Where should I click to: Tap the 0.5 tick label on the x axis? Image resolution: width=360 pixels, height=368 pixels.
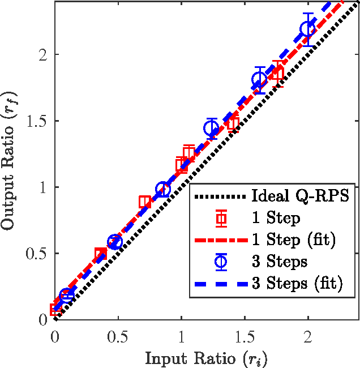(x=118, y=336)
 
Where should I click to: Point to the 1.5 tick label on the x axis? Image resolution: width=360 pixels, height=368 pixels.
(x=245, y=336)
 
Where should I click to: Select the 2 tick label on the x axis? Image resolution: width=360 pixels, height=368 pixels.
(x=308, y=336)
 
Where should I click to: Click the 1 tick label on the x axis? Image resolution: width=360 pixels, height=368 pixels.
(x=181, y=336)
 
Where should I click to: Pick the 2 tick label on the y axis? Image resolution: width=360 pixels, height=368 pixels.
(x=42, y=55)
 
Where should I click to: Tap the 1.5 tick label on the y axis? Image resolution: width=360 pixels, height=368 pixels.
(x=36, y=121)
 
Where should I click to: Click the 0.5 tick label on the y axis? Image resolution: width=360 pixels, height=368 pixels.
(x=36, y=254)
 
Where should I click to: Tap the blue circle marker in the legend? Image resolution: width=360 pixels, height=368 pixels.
(x=221, y=261)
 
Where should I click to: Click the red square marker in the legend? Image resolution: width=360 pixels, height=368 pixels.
(x=221, y=218)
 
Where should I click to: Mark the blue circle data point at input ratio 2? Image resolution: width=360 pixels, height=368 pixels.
(x=308, y=29)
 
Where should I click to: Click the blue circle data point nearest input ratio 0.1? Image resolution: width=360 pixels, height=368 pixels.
(x=67, y=296)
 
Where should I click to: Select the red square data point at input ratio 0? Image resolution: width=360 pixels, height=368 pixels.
(x=55, y=309)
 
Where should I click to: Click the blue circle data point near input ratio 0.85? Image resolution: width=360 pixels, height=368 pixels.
(x=163, y=190)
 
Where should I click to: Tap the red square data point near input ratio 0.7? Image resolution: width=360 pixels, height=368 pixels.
(x=145, y=202)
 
